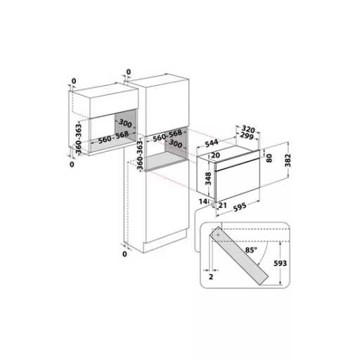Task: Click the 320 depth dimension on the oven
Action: pyautogui.click(x=245, y=129)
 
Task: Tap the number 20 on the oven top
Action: pyautogui.click(x=215, y=156)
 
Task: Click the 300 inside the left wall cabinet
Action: pyautogui.click(x=124, y=123)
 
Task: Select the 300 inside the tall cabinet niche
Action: pyautogui.click(x=176, y=143)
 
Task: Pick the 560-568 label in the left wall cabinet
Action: pyautogui.click(x=112, y=139)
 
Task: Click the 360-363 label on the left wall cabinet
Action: pyautogui.click(x=79, y=139)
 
